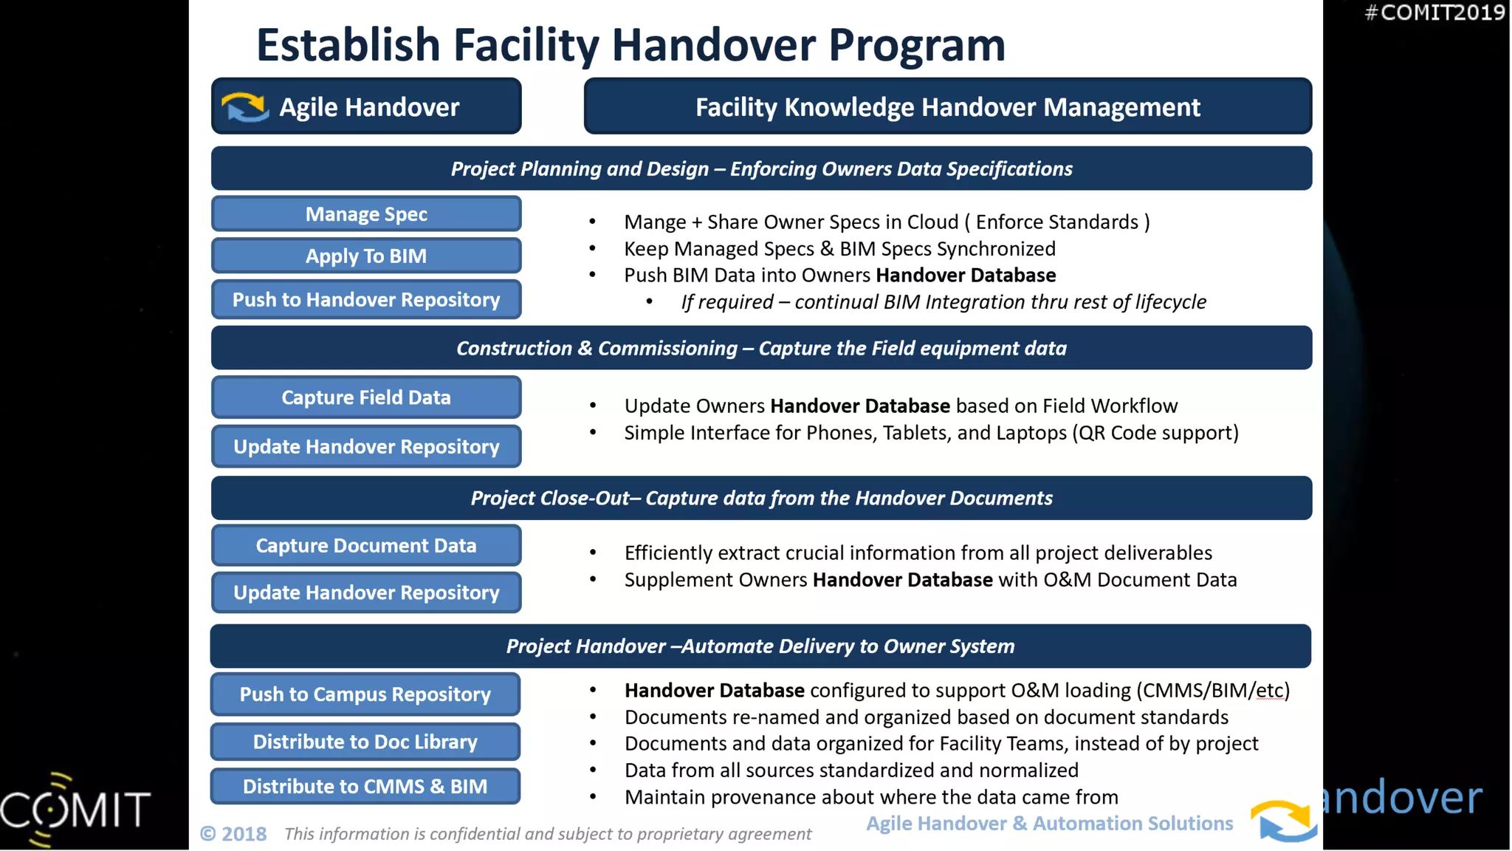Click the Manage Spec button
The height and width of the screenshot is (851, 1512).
tap(366, 214)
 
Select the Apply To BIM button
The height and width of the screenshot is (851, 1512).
tap(366, 256)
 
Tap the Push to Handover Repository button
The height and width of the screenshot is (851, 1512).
tap(366, 300)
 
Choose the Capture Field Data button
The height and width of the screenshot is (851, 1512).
tap(366, 397)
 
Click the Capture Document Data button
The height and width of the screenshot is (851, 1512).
tap(366, 546)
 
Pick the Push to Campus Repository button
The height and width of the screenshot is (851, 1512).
tap(365, 694)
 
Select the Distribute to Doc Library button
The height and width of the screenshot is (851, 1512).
tap(365, 742)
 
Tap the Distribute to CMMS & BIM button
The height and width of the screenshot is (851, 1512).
tap(365, 787)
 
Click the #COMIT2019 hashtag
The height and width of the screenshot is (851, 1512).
tap(1434, 13)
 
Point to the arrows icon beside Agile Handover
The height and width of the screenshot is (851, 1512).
tap(245, 107)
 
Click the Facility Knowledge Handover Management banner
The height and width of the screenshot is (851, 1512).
tap(947, 107)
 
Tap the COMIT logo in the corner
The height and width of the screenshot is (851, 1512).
tap(74, 808)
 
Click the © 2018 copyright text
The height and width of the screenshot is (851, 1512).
tap(233, 834)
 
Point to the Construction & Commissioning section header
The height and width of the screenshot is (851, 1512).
tap(761, 348)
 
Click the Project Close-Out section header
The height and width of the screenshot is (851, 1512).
tap(761, 498)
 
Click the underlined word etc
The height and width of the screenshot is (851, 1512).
tap(1269, 691)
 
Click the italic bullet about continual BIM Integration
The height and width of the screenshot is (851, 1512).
tap(943, 302)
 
